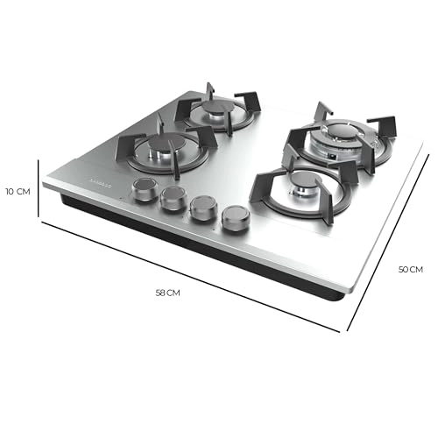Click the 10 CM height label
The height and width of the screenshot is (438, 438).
18,191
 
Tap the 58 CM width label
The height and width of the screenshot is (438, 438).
167,293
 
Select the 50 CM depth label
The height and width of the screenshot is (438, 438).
410,270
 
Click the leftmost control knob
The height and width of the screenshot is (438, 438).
141,188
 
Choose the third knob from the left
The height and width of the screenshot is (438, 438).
203,208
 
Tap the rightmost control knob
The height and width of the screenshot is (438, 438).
235,218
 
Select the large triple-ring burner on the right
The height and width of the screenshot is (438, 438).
335,136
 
